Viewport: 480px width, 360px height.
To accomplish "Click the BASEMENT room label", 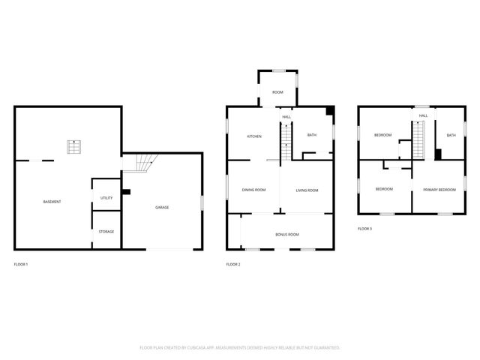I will click(x=52, y=202).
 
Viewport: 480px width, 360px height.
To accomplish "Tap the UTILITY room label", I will click(x=106, y=197).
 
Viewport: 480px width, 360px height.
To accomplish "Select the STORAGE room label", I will click(x=106, y=232).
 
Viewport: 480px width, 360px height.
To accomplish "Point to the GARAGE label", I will click(x=161, y=207).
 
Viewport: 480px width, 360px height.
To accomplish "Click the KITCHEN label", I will click(x=254, y=136).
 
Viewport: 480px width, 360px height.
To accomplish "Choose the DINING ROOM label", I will click(x=253, y=190).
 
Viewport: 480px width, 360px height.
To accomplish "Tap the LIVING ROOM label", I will click(x=307, y=190).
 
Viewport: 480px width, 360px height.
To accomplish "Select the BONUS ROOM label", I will click(x=286, y=235).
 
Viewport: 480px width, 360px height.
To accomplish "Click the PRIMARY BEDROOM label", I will click(x=438, y=189).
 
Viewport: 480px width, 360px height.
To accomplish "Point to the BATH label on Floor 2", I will click(x=312, y=135).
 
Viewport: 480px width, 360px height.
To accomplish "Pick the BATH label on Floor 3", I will click(x=451, y=135).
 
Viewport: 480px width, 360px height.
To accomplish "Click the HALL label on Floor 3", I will click(x=423, y=115).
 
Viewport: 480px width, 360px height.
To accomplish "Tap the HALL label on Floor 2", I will click(x=286, y=117).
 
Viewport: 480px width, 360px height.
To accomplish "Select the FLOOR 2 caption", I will click(x=233, y=264).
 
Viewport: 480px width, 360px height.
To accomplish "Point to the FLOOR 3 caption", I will click(x=364, y=228).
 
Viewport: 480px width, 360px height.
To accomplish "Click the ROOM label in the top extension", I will click(x=277, y=92).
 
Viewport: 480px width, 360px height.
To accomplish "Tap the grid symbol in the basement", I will click(x=73, y=146).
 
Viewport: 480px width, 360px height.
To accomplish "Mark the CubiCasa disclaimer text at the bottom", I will click(x=240, y=347).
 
